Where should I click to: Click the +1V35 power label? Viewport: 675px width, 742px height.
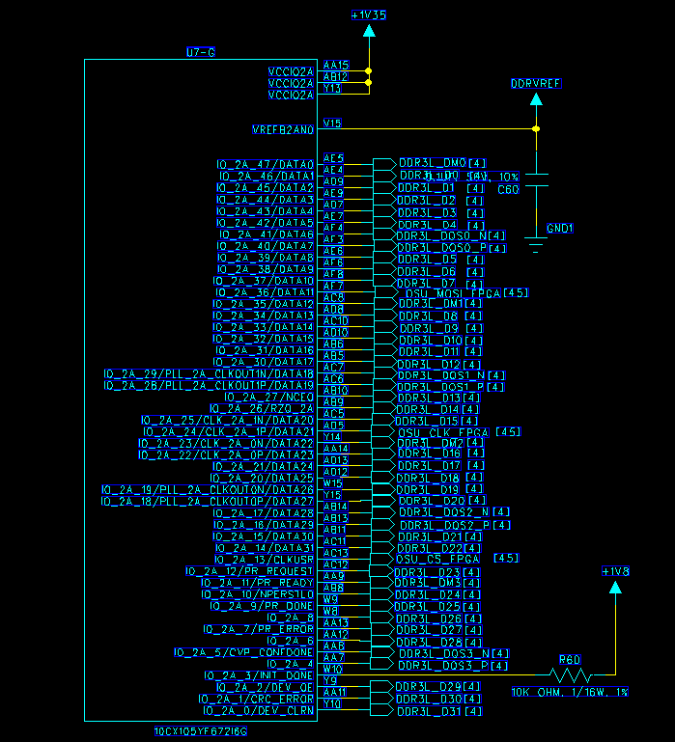coord(368,15)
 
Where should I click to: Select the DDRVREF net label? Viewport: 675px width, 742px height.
coord(536,84)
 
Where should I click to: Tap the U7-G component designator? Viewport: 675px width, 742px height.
coord(200,51)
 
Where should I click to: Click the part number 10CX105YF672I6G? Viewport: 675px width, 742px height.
coord(201,731)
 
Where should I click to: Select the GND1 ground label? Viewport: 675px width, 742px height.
coord(560,229)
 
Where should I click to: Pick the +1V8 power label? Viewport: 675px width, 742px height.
coord(615,572)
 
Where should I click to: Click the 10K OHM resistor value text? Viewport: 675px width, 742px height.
coord(570,692)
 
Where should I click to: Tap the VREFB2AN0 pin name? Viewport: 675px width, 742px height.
coord(283,129)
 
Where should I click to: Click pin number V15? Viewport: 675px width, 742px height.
coord(332,124)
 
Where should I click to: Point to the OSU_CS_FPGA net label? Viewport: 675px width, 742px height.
coord(439,559)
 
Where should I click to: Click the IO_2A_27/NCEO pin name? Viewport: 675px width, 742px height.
coord(269,397)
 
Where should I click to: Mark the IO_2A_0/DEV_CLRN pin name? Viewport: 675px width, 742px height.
coord(256,711)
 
